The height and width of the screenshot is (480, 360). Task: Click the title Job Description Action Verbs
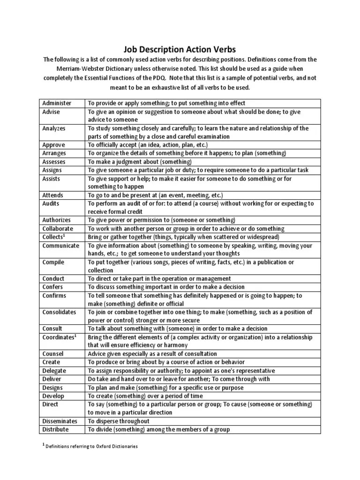pos(180,49)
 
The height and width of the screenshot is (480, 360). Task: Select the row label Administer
pos(57,103)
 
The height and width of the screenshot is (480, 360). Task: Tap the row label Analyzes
pos(54,128)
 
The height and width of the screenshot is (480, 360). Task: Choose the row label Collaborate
pos(58,228)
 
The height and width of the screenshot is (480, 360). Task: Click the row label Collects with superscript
pos(54,237)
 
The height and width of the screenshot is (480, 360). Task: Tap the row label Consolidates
pos(59,312)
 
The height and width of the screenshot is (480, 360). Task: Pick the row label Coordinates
pos(59,337)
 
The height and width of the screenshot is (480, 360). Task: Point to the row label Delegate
pos(54,370)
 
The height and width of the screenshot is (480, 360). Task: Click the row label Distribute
pos(55,429)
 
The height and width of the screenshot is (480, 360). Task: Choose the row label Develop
pos(53,396)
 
